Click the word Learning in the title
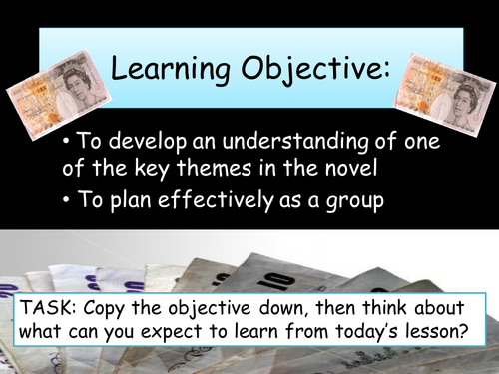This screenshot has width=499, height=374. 170,68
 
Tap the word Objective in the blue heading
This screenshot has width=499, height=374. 311,68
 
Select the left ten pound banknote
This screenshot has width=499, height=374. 59,94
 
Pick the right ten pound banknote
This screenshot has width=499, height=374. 445,95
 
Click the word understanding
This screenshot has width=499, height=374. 294,141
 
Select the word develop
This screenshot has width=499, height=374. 148,142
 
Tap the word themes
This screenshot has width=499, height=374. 214,168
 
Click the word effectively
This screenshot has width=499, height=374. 216,200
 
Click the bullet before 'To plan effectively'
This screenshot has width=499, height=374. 67,200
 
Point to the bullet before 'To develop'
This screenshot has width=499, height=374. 67,142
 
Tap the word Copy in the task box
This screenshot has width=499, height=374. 105,309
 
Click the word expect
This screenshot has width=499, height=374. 171,332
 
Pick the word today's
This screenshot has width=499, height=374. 367,332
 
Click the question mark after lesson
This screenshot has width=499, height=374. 464,330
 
